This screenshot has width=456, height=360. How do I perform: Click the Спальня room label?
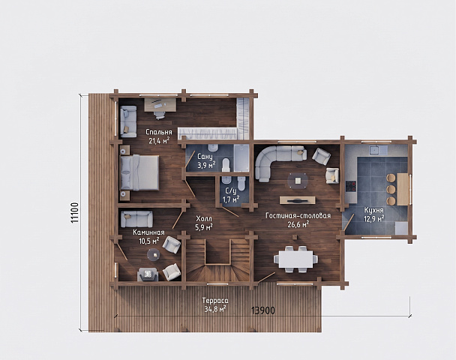pos(159,132)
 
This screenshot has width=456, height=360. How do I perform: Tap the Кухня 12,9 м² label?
pos(374,214)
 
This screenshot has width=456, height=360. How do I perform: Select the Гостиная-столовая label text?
pos(298,216)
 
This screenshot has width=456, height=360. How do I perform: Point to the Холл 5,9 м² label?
pos(204,223)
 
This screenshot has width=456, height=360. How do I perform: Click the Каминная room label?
pos(148,232)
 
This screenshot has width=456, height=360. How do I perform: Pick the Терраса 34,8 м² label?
pos(215,304)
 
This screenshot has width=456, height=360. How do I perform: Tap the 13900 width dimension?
pos(263,310)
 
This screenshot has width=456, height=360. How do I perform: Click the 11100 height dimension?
pos(74,212)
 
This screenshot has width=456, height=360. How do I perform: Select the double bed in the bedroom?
pos(139,172)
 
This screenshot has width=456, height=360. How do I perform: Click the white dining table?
pos(295,259)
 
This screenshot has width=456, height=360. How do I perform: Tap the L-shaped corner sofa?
pos(276,160)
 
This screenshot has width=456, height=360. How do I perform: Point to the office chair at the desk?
pos(159,114)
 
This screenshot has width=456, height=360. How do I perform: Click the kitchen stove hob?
pos(351,186)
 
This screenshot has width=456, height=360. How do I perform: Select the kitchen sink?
pos(374,150)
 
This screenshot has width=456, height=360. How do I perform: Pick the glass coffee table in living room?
pos(298,181)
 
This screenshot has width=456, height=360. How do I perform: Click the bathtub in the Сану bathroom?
pos(241,158)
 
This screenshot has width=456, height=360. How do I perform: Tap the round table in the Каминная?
pos(154,255)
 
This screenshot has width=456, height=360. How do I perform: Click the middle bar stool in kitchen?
pos(391,189)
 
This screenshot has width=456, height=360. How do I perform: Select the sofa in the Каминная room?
pos(136,219)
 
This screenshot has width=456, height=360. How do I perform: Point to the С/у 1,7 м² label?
pos(231,195)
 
